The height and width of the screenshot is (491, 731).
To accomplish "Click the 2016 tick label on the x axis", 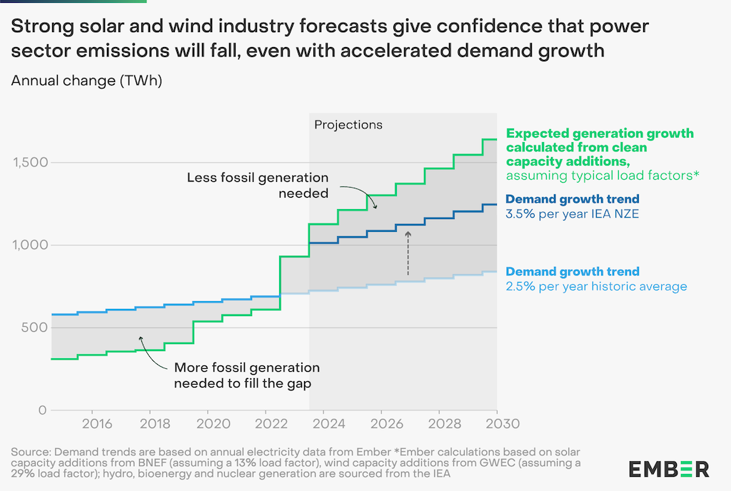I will pos(97,424).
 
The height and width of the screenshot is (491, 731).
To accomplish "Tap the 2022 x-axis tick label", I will pos(266,424).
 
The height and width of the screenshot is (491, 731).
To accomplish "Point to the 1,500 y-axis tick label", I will pos(30,163).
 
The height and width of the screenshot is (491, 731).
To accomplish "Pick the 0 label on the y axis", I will pos(42,410).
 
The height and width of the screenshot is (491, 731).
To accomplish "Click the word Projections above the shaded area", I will pos(348,125).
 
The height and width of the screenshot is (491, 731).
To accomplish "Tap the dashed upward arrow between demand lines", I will pos(408,253).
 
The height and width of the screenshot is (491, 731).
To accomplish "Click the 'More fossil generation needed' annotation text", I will pos(247,375).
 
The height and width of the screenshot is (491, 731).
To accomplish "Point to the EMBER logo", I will pos(669,469).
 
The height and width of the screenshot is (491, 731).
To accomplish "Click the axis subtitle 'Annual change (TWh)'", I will pos(87,81).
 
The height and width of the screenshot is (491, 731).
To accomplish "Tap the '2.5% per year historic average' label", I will pos(596,286).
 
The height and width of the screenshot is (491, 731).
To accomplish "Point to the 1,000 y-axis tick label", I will pos(30,246).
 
